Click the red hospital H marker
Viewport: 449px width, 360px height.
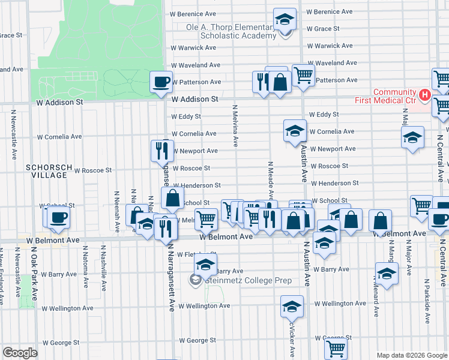click(425, 94)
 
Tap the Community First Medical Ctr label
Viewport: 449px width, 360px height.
click(395, 96)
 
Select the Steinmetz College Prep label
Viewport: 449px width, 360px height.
click(249, 280)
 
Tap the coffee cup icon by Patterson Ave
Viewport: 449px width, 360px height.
click(161, 82)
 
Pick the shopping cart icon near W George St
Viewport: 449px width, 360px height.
click(336, 347)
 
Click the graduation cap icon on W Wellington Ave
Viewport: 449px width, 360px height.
click(292, 307)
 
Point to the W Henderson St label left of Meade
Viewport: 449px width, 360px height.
click(197, 186)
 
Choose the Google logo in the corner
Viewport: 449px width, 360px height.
click(20, 352)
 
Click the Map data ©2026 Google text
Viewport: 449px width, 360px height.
click(412, 355)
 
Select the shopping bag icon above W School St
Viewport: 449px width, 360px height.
click(172, 197)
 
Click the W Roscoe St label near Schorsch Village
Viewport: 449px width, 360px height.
click(92, 170)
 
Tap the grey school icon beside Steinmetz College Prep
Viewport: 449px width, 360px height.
click(195, 280)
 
